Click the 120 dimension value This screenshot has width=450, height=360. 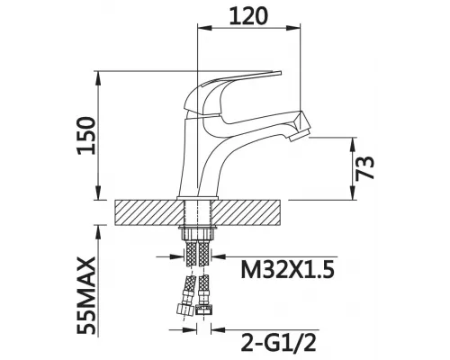tap(247, 16)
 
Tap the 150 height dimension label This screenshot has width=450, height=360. tap(86, 136)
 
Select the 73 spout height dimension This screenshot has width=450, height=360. tap(364, 168)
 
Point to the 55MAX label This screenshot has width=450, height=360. tap(86, 295)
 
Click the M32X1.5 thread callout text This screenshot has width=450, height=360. tap(287, 269)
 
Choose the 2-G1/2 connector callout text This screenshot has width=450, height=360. tap(278, 342)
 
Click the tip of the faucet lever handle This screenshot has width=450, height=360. tap(281, 73)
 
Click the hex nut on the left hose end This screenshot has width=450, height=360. tap(184, 308)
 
